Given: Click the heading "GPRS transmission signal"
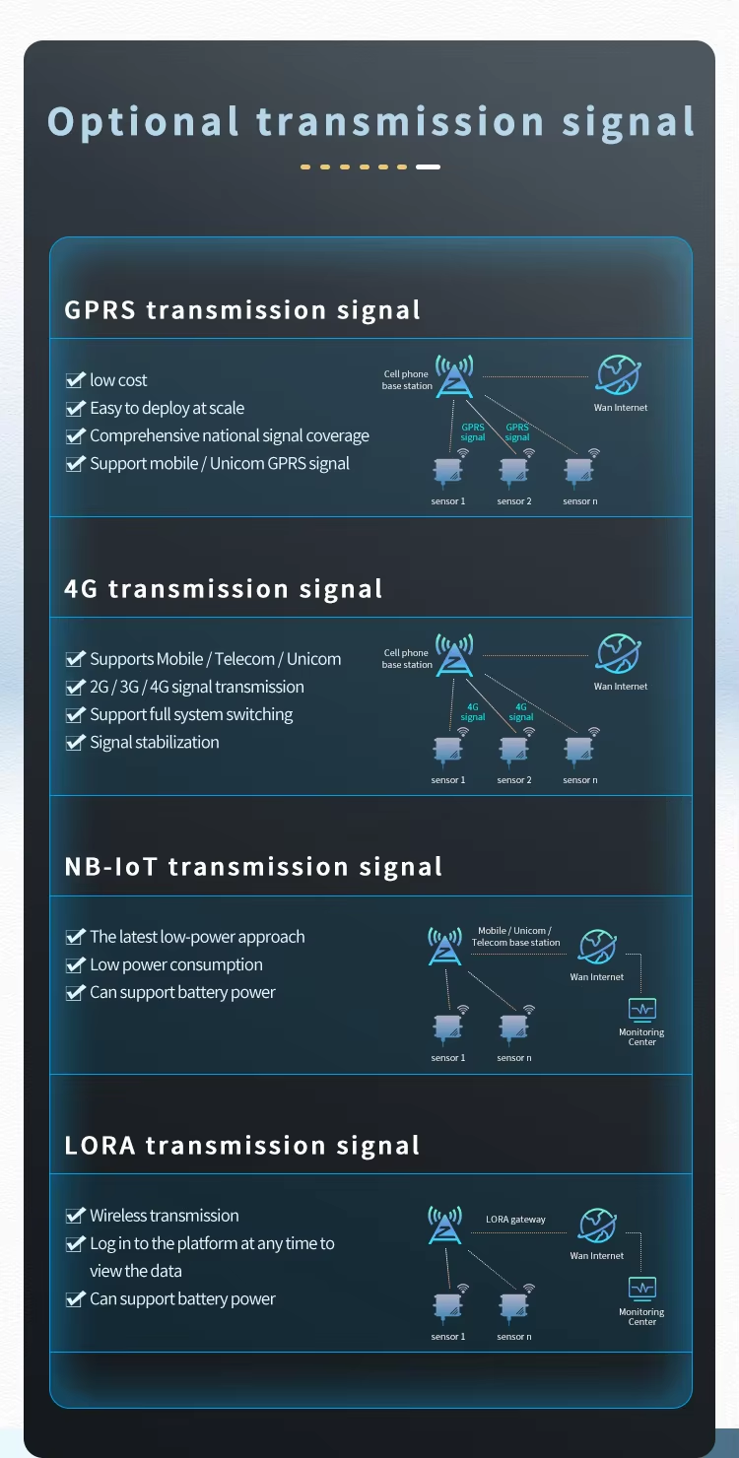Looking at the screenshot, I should pos(242,310).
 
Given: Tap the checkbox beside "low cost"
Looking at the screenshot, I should pos(75,380).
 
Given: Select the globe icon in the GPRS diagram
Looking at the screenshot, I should pos(619,375).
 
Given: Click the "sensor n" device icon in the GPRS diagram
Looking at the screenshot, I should pos(579,473).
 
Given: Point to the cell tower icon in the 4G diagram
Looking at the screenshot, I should pos(454,655).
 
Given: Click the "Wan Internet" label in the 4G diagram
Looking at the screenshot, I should pos(621,687).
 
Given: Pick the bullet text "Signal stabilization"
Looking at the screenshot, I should pos(155,743).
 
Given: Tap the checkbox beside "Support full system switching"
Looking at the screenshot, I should pos(75,715).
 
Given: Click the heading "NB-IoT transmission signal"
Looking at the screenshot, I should pos(253,867).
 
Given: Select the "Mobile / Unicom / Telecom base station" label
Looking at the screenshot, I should pos(515,937).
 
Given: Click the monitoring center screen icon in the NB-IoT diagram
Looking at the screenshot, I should pos(642,1009).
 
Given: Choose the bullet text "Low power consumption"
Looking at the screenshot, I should pos(176,965).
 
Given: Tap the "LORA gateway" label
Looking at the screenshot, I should pos(515,1220).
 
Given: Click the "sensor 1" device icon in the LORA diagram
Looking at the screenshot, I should pos(447,1307).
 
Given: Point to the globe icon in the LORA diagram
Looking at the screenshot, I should pos(597,1226).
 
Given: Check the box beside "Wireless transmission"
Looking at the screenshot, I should pos(75,1216).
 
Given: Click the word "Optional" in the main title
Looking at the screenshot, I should pos(144,122).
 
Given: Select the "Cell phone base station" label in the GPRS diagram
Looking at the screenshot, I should pos(408,380).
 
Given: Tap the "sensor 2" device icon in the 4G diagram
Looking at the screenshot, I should pos(513,752).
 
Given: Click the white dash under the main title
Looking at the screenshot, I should pos(428,167).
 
